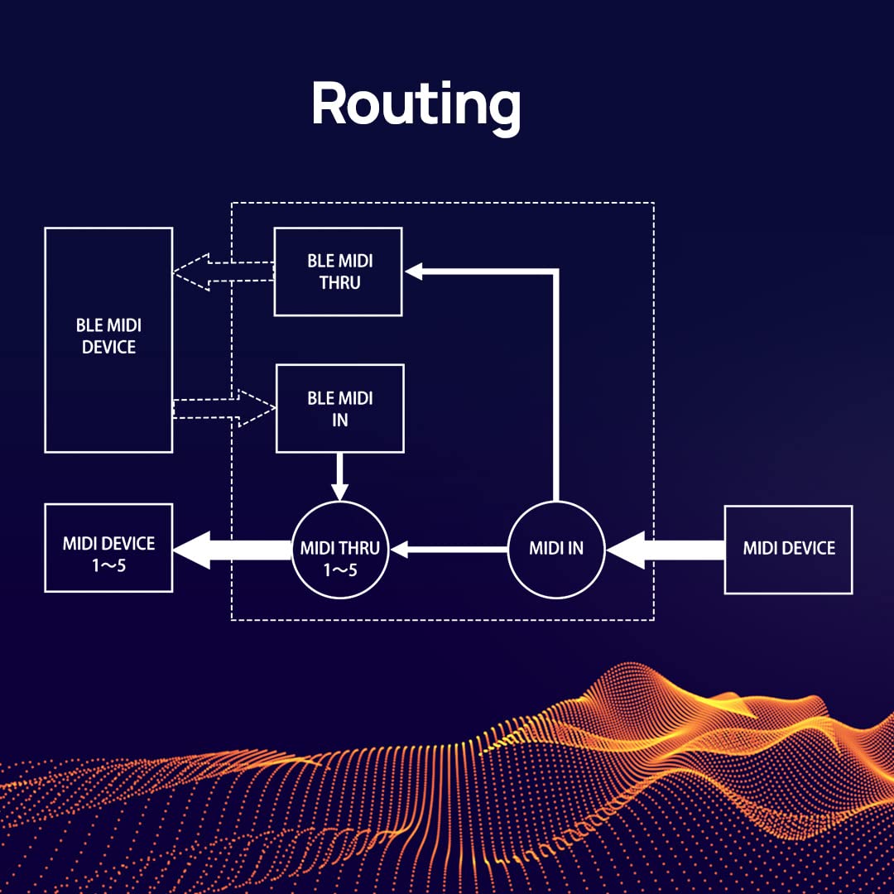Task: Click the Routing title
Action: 416,105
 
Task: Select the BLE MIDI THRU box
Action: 338,272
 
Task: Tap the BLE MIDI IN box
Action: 339,409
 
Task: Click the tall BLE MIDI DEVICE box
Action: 108,340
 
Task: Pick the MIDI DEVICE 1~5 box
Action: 108,548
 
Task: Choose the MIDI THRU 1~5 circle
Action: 340,549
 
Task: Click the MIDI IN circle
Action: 556,549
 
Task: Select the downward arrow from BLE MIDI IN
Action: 339,477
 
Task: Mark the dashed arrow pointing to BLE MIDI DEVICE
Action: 222,272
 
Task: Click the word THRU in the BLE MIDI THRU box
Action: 339,283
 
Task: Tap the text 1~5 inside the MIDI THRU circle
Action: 340,569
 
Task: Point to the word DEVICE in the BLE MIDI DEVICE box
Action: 108,348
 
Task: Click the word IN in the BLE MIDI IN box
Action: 339,421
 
